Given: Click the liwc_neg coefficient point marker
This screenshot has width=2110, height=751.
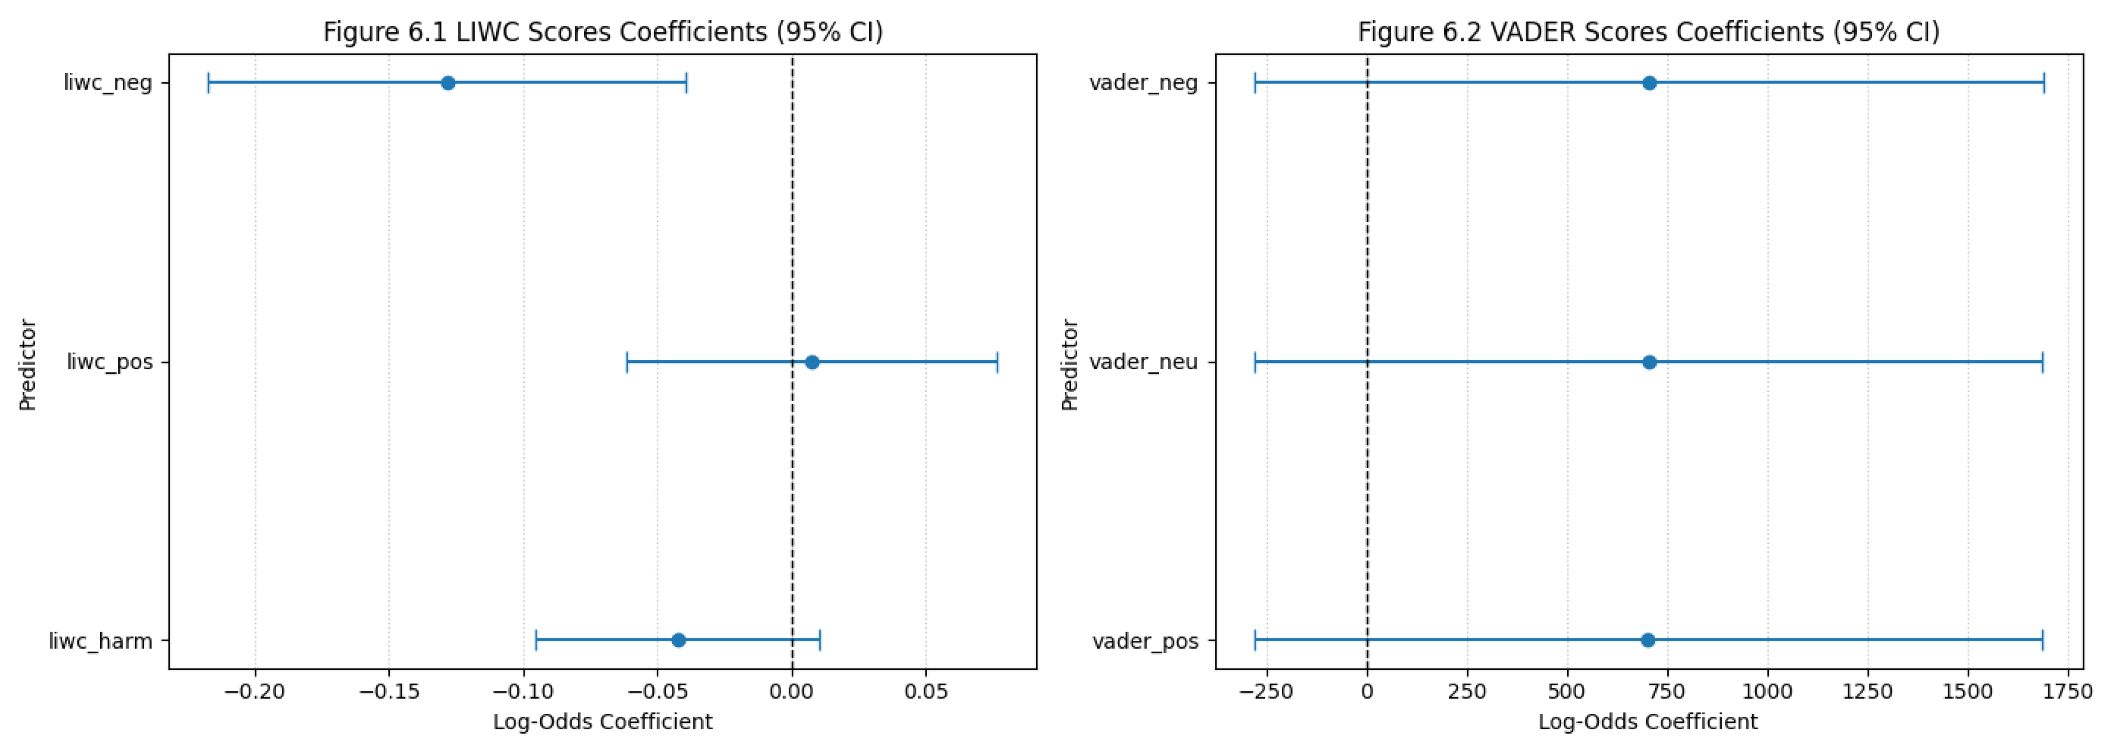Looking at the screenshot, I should coord(448,83).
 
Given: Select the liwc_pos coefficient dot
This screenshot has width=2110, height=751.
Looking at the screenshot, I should coord(812,362).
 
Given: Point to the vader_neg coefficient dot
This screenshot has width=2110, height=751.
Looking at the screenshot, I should coord(1650,83).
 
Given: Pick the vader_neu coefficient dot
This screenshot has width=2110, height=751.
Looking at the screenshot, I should coord(1650,362).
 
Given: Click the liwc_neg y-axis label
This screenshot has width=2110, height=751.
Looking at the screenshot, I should coord(108,83).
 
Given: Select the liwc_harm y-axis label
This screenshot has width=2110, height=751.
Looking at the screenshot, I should coord(101,641).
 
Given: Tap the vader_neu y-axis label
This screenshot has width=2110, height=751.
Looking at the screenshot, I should coord(1144,362).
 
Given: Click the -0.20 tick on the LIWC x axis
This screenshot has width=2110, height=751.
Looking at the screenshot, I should coord(255,692).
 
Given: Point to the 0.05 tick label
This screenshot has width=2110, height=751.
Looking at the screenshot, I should coord(926,692).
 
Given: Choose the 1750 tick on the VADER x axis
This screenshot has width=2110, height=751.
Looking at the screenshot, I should coord(2068,692).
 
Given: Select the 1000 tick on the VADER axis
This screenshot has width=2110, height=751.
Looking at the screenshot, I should coord(1768,692).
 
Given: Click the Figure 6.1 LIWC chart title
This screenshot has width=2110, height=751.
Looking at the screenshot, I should coord(603,32).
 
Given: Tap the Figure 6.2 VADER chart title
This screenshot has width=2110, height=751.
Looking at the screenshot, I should coord(1649,32).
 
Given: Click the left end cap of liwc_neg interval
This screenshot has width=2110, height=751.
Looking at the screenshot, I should coord(209,83).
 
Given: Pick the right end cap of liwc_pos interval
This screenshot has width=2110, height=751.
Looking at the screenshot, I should coord(997,362).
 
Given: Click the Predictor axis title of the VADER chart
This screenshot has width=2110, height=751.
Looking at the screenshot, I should coord(1070,365).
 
